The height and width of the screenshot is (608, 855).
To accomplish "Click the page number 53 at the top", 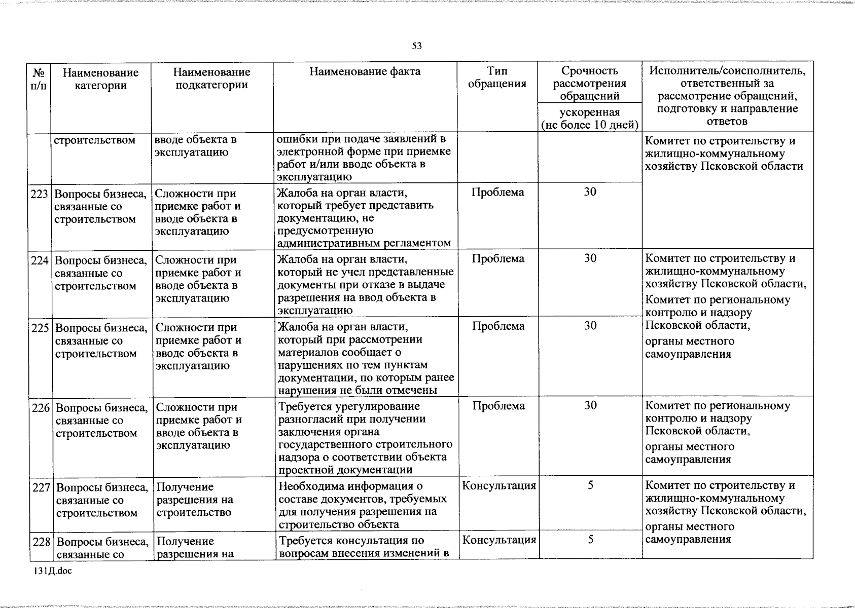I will [x=417, y=46].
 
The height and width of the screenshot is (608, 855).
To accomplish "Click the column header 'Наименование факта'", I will [x=365, y=72].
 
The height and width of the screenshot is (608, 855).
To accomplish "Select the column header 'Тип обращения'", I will [x=497, y=78].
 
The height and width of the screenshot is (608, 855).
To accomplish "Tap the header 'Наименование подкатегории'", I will [x=211, y=79].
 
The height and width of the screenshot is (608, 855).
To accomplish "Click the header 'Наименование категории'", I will [x=100, y=79].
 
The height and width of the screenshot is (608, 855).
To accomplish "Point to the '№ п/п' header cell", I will [x=39, y=79].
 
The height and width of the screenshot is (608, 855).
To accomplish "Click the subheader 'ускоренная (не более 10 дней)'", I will [x=589, y=119].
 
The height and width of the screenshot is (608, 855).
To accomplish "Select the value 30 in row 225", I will [x=590, y=326].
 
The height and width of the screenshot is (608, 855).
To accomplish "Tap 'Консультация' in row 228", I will [x=499, y=540].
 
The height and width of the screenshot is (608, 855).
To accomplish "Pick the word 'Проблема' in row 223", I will [x=497, y=193].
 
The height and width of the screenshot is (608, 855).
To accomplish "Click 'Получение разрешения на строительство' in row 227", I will [x=194, y=500].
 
